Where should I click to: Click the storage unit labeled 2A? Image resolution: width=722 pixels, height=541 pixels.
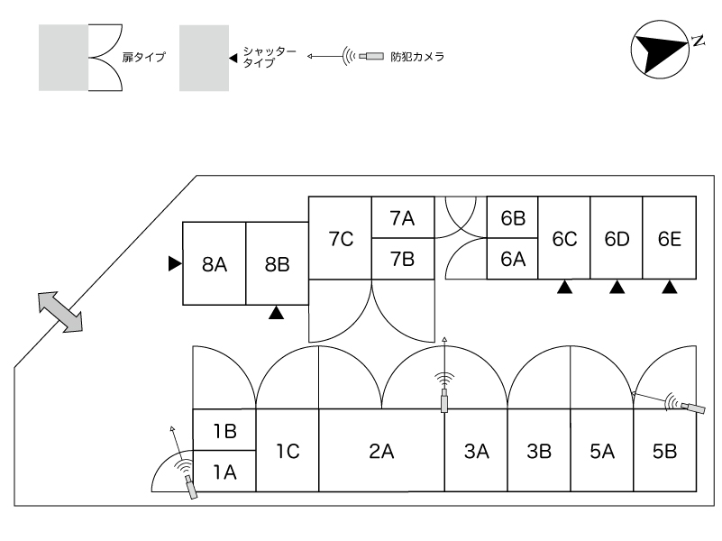click(x=381, y=450)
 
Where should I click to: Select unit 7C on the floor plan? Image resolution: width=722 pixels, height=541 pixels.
click(x=341, y=238)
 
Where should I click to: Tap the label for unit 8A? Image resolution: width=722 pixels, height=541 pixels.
click(x=215, y=265)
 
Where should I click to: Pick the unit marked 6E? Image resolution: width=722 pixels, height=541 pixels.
click(x=669, y=238)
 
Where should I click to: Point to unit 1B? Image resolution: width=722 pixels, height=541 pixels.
click(x=224, y=430)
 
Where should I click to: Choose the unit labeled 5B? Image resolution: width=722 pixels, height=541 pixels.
click(x=664, y=450)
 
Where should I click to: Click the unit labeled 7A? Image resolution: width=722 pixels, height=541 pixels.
click(x=403, y=218)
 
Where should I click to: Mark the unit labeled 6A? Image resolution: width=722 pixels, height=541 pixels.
click(x=513, y=259)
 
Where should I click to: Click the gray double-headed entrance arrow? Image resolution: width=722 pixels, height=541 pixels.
click(x=60, y=312)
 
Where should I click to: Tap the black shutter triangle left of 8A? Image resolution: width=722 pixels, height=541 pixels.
click(x=175, y=264)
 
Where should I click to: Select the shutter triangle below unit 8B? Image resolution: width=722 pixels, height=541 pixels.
click(x=277, y=313)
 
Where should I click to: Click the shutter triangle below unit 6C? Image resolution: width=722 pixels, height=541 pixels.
click(x=565, y=288)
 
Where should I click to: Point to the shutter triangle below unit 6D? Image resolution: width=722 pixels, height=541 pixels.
click(x=617, y=288)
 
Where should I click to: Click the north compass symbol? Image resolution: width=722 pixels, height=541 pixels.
click(x=662, y=50)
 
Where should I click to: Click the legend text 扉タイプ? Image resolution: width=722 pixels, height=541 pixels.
click(x=143, y=57)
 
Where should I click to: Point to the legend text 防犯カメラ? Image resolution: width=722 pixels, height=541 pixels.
click(x=417, y=57)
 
